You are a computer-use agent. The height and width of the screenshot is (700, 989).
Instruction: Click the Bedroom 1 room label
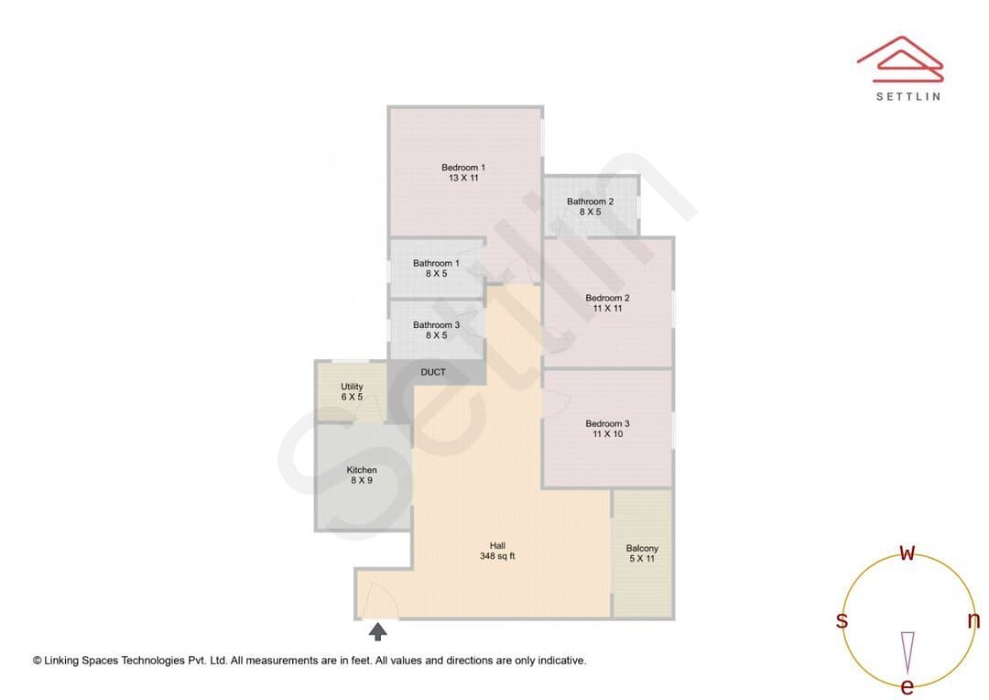point(463,172)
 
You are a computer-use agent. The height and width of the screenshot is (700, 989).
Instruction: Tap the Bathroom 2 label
point(590,206)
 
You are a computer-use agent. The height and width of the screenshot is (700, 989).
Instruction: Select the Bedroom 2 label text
point(607,303)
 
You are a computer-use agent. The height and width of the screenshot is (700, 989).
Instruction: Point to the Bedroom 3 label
point(607,429)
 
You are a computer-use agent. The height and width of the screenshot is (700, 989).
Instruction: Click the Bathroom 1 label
point(436,268)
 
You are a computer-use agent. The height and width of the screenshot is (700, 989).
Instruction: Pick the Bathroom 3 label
point(436,330)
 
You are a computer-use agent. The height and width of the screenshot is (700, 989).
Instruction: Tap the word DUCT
point(433,372)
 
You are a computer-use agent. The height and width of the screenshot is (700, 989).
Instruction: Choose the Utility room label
point(352,391)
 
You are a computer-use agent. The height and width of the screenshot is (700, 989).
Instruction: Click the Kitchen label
point(362,475)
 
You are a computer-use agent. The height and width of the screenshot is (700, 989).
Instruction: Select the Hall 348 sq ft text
point(497,551)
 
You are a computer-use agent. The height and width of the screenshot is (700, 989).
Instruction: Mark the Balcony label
point(642,553)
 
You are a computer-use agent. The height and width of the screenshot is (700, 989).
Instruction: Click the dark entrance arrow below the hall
point(378,631)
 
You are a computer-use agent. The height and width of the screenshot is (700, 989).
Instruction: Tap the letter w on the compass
point(907,553)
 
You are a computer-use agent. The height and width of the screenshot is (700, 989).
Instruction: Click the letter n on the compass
point(973,620)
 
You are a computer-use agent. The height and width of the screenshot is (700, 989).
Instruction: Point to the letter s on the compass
point(842,620)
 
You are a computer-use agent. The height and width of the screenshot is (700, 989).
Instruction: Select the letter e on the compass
point(907,687)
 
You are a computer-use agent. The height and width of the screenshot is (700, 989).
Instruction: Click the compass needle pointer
point(907,652)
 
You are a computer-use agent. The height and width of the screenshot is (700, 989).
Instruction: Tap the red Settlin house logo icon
point(900,60)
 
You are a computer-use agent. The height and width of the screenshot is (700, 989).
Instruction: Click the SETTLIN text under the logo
point(908,96)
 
